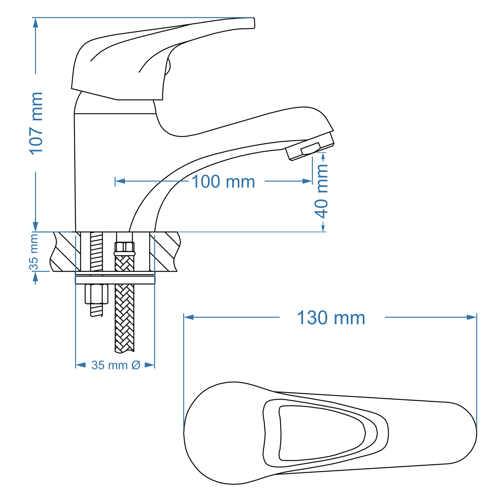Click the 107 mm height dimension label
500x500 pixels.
point(36,123)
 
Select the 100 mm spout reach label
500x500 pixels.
point(223,182)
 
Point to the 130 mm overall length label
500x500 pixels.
point(331,318)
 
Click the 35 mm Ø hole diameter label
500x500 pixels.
point(116,365)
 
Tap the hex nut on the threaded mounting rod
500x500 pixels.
point(96,294)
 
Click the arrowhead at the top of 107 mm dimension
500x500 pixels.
point(35,22)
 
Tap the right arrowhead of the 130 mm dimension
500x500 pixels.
point(472,317)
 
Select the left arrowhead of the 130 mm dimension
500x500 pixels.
point(189,317)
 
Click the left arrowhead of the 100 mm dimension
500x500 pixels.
point(120,181)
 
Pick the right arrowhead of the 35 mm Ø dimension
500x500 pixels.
point(149,365)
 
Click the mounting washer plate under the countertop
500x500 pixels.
point(115,280)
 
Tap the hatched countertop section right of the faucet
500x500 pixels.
point(165,252)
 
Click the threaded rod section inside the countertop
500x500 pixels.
point(97,252)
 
